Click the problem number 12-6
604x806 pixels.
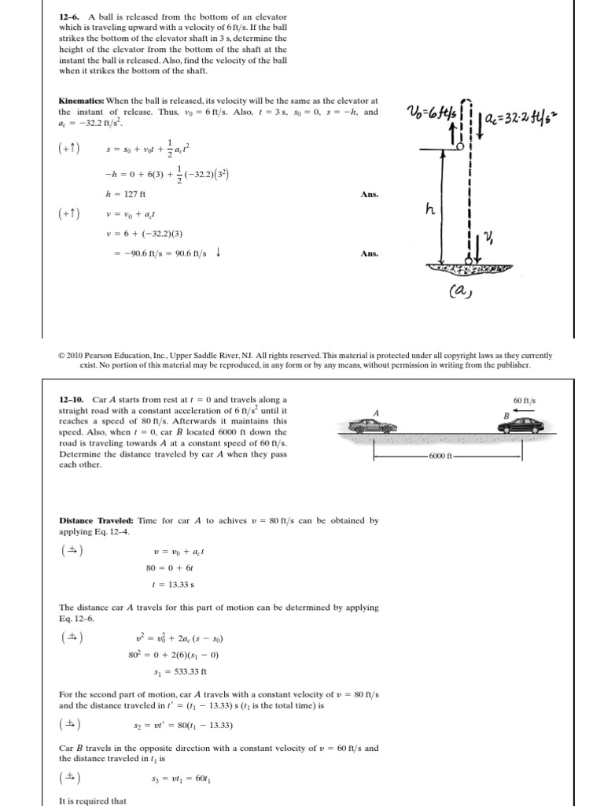(x=69, y=17)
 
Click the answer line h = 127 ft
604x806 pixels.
(x=126, y=194)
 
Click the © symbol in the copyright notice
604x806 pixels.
(x=62, y=356)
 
